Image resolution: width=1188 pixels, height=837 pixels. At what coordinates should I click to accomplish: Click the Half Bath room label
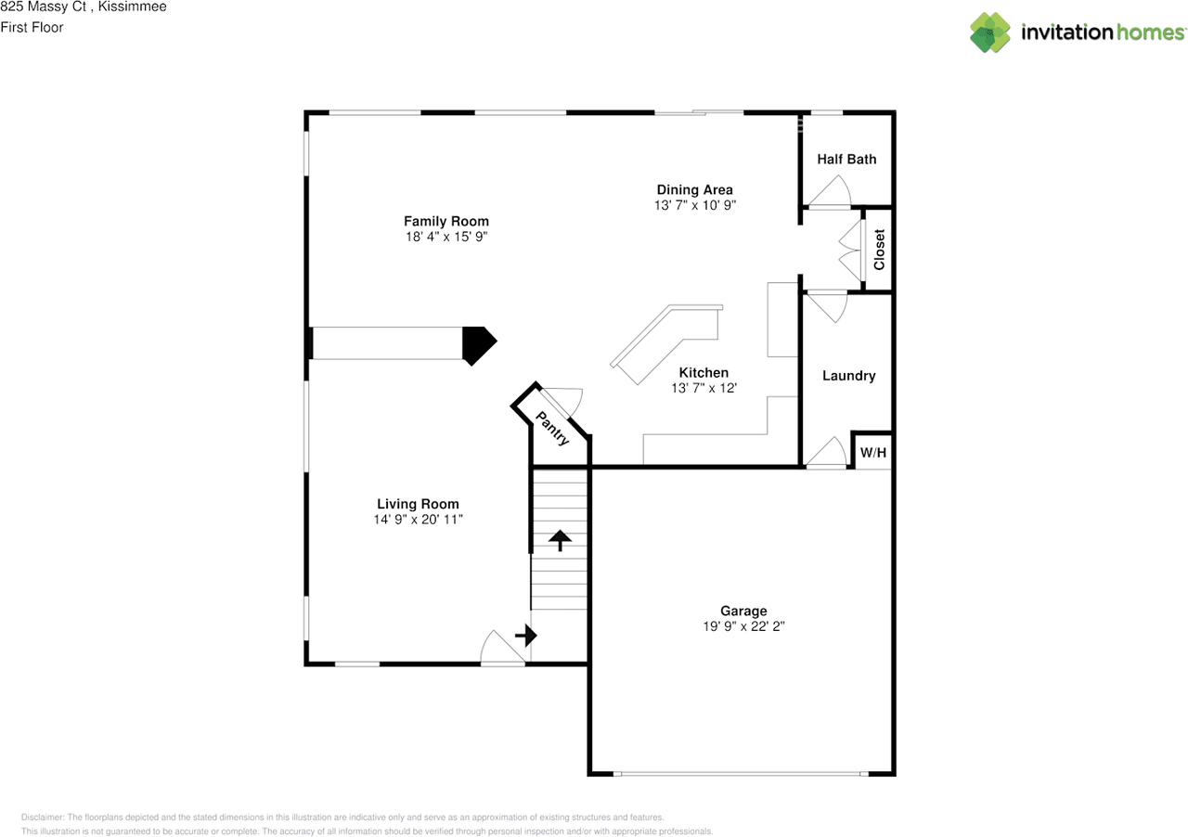click(846, 159)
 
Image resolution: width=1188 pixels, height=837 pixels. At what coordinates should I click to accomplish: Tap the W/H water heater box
click(872, 453)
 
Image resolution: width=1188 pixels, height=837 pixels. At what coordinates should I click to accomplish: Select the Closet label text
click(879, 250)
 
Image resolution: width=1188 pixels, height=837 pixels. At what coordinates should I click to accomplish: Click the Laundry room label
click(848, 376)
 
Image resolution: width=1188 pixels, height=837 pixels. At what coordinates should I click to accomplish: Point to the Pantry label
click(553, 429)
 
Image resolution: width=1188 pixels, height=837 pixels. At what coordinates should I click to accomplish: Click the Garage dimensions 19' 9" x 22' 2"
click(743, 626)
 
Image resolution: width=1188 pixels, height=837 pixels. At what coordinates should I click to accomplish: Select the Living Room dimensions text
click(418, 520)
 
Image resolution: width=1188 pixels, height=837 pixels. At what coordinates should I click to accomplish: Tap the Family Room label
click(445, 221)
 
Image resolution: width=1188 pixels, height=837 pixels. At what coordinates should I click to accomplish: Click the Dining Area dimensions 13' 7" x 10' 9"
click(694, 205)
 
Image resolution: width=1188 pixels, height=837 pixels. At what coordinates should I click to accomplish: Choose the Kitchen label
click(704, 372)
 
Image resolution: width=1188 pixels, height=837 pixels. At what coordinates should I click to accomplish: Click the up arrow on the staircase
click(560, 540)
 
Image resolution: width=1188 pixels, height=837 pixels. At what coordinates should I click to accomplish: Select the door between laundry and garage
click(826, 453)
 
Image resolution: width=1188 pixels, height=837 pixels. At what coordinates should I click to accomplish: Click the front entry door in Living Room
click(503, 650)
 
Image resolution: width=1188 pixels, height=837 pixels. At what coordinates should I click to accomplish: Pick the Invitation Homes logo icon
click(990, 32)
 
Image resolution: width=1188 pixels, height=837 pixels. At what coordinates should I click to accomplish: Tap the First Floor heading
click(32, 28)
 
